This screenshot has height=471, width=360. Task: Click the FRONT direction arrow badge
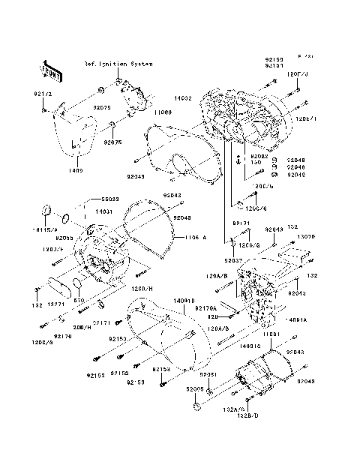pyautogui.click(x=52, y=69)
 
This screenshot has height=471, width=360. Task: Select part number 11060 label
pyautogui.click(x=164, y=112)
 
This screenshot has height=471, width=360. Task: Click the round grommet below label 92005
pyautogui.click(x=197, y=406)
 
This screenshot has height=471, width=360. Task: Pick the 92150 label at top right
pyautogui.click(x=274, y=58)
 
